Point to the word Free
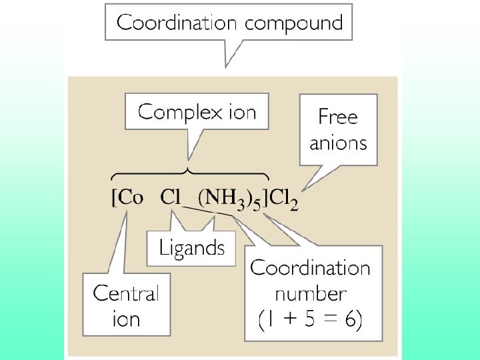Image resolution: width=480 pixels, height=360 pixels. click(x=338, y=117)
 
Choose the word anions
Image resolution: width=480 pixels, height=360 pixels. click(x=338, y=142)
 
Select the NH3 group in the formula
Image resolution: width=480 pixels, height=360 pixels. click(x=224, y=198)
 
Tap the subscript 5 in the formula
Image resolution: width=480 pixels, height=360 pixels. click(x=257, y=204)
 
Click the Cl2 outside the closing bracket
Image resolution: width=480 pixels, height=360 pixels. click(x=283, y=199)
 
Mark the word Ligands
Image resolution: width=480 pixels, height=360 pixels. click(x=191, y=248)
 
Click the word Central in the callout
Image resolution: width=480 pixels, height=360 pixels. click(x=126, y=293)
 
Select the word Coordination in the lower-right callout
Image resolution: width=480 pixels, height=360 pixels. click(x=310, y=268)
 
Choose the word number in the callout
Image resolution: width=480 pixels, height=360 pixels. click(x=310, y=293)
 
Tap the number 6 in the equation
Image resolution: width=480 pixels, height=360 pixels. click(x=350, y=321)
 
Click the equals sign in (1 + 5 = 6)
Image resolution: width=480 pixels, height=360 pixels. click(x=329, y=321)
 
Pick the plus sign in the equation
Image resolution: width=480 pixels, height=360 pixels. click(x=288, y=321)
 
